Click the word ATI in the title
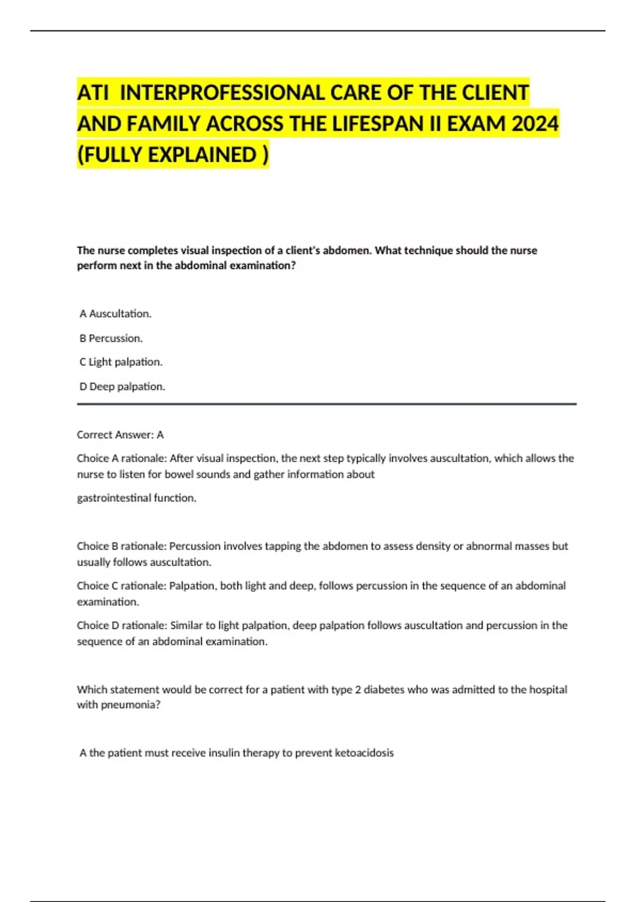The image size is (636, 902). click(93, 93)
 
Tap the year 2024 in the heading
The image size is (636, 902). click(535, 124)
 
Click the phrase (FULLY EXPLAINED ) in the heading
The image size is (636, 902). click(173, 155)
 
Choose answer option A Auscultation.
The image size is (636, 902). click(116, 314)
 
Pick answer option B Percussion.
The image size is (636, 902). click(111, 338)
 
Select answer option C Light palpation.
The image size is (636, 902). click(121, 362)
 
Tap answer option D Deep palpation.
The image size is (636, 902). click(122, 386)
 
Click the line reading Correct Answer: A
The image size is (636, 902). click(120, 435)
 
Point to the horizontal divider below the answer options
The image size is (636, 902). click(326, 404)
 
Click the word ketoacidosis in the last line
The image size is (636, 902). click(364, 753)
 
